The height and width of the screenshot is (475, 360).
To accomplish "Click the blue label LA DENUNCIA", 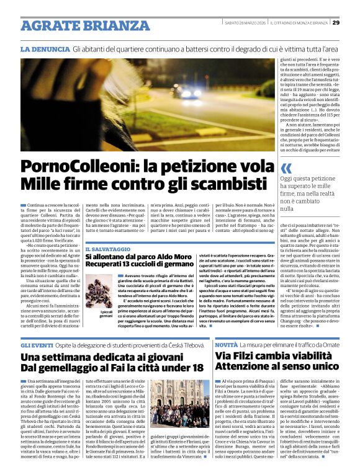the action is pyautogui.click(x=44, y=48).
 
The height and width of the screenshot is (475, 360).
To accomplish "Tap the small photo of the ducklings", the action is pyautogui.click(x=102, y=296).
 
